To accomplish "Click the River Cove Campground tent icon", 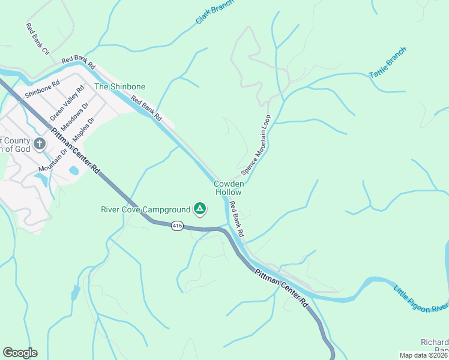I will pos(200,209).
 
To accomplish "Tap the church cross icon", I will pos(40,144).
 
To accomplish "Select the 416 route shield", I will pos(176,226).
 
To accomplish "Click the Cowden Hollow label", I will pos(229,188).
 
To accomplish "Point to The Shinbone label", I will pos(120,86).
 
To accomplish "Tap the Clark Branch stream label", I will pos(214,11).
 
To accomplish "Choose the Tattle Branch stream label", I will pos(387,61).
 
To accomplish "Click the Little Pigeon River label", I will pos(420,299).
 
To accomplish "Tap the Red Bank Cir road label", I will pos(37,39).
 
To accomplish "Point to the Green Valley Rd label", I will pos(67,103).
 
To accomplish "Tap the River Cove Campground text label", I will pos(145,209).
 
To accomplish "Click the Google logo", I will pos(20,353).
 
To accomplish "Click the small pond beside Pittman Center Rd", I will pos(74,170).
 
